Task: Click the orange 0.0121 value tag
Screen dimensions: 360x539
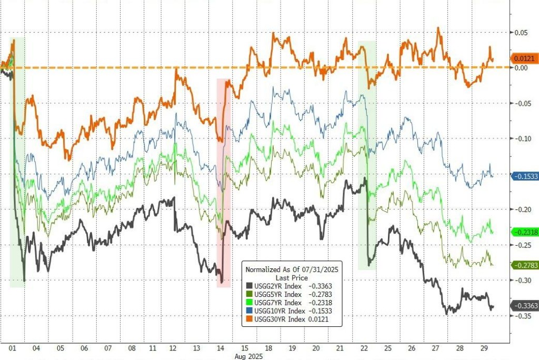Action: point(525,59)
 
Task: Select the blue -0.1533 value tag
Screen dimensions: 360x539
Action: point(524,176)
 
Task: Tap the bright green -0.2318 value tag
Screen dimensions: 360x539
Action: point(524,232)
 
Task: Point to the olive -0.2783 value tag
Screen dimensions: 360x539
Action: point(524,265)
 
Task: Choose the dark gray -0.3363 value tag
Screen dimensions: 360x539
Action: point(524,306)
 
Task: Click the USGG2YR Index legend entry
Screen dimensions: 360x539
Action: point(275,286)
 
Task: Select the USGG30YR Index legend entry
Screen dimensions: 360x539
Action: point(277,319)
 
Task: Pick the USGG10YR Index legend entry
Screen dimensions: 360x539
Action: point(277,311)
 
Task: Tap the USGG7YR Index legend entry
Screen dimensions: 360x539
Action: point(275,303)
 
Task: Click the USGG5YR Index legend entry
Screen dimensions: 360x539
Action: point(275,294)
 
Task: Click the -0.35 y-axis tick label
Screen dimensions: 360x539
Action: point(520,316)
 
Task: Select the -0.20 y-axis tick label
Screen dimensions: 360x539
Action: point(520,209)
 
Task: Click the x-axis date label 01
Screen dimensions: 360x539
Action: point(13,348)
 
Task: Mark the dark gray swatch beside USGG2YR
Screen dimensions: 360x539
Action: point(249,286)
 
